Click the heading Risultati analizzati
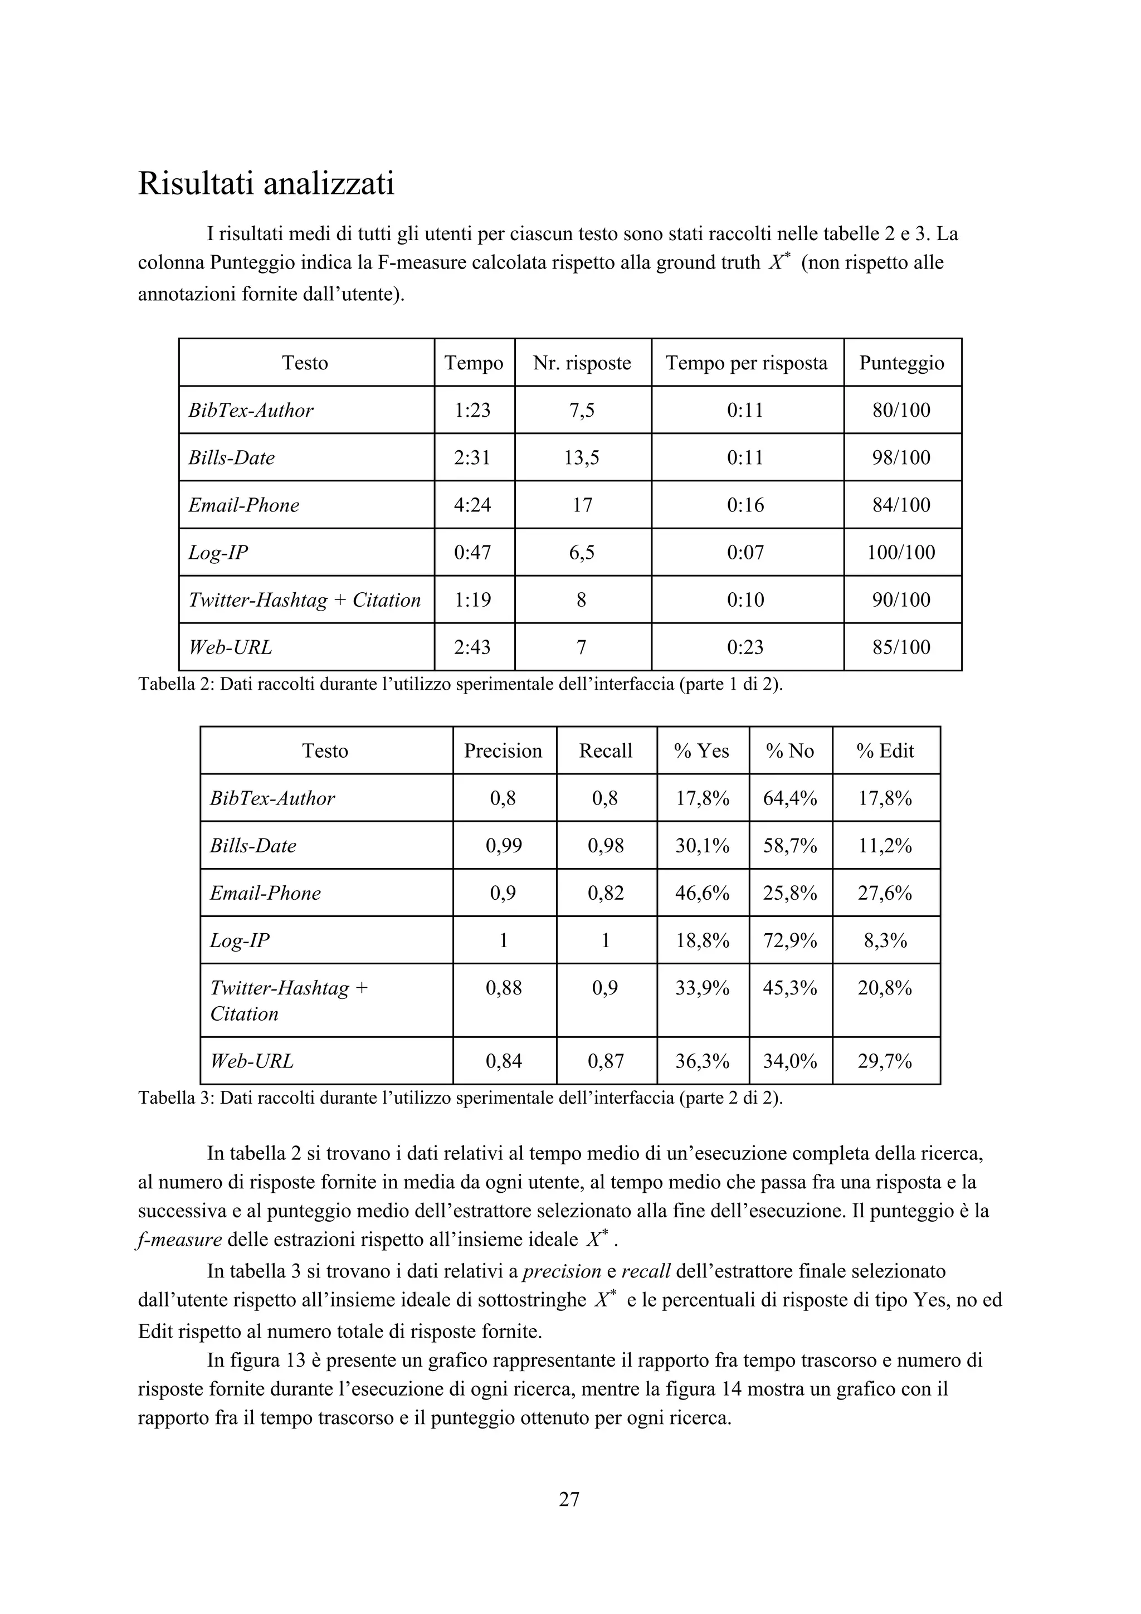coord(266,184)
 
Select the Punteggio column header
coord(901,363)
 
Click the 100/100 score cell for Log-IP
coord(901,553)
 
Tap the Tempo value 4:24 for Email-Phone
coord(472,505)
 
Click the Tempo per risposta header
coord(746,363)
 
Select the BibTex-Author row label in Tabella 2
coord(251,411)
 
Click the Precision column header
coord(503,751)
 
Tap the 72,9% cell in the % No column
coord(789,940)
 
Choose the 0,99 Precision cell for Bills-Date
coord(503,846)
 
